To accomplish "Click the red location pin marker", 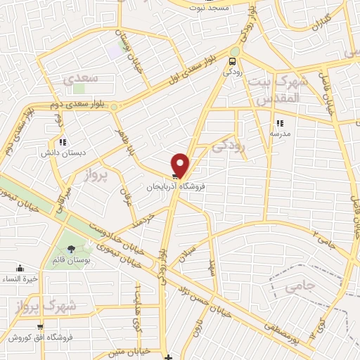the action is [x=181, y=165].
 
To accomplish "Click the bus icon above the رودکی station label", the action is [x=232, y=61].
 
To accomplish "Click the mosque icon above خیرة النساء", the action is [x=20, y=268].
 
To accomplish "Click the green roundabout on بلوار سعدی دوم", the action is [x=114, y=107].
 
